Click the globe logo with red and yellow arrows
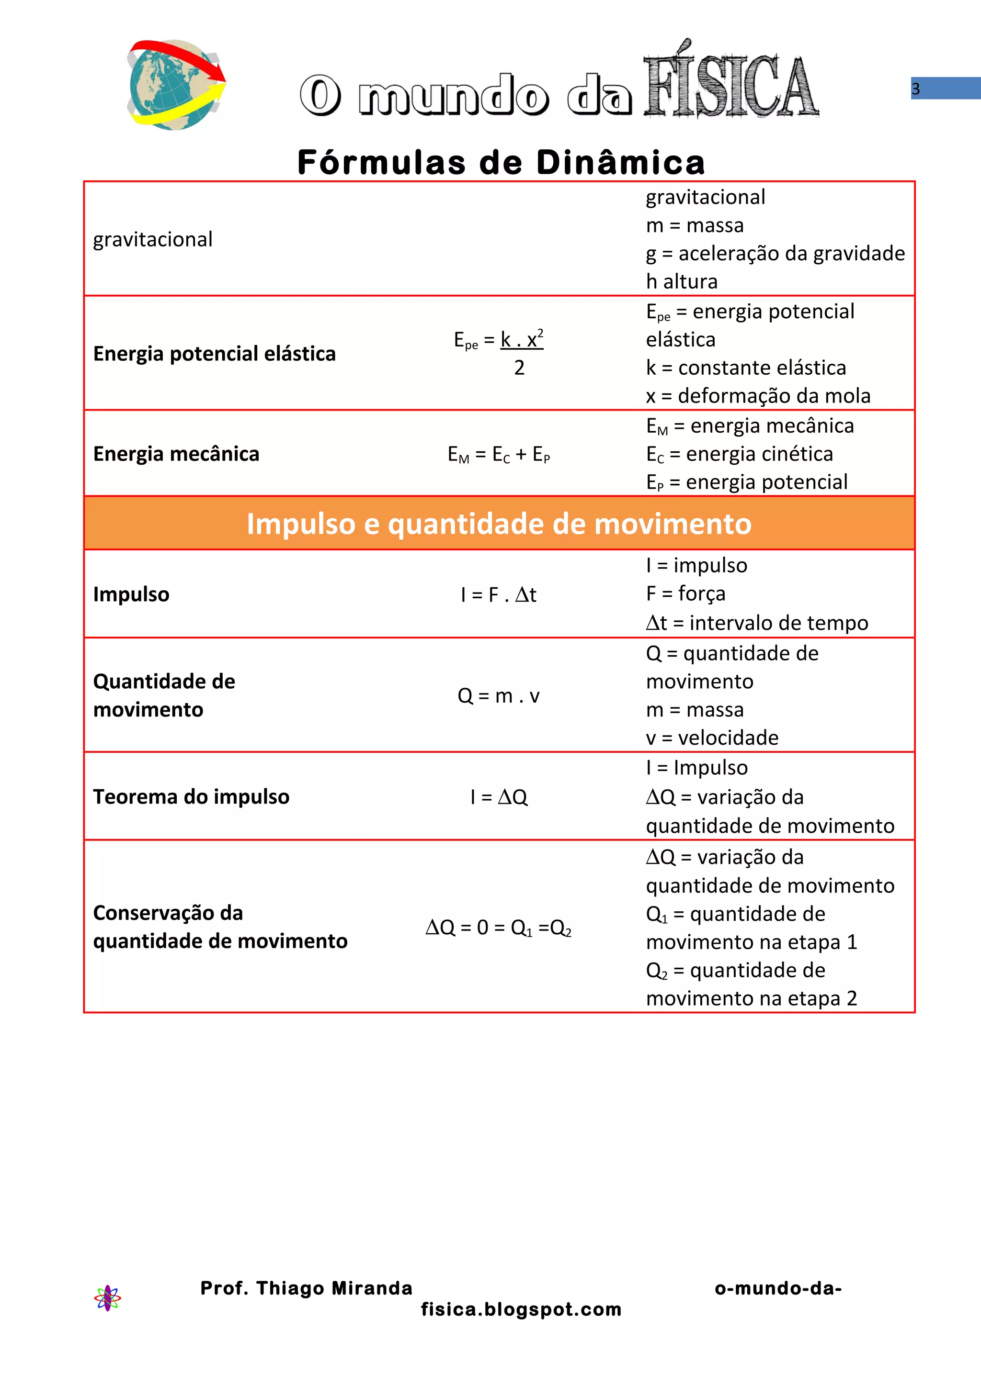(175, 85)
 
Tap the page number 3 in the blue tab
(916, 89)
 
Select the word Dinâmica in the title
(621, 163)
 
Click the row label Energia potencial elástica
(214, 353)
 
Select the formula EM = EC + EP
(499, 454)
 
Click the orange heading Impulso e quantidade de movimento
(499, 523)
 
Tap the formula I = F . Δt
(498, 595)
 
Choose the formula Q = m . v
(498, 696)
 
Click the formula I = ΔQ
(499, 797)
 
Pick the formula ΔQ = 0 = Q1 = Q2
(498, 927)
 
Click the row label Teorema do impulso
(191, 797)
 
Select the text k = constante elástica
(745, 368)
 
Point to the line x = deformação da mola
(758, 396)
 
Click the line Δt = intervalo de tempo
(757, 623)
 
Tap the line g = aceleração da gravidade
(775, 254)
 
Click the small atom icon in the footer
(108, 1298)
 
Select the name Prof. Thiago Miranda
(307, 1288)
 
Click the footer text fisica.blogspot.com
(521, 1309)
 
